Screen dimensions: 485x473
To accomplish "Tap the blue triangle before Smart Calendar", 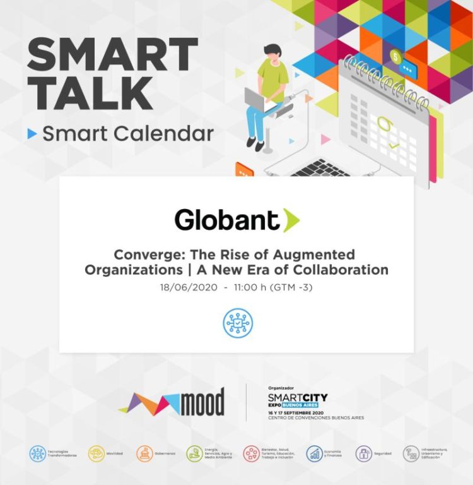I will (32, 134).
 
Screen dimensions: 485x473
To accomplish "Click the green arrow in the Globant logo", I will (291, 220).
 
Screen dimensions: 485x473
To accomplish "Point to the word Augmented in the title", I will (317, 255).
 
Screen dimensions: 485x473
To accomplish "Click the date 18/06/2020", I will (187, 287).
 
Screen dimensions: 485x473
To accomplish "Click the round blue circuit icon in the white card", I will (237, 322).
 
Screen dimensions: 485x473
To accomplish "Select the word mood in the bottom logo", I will (202, 402).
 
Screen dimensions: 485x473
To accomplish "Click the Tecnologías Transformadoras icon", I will (38, 453).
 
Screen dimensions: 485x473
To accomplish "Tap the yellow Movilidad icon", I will (96, 453).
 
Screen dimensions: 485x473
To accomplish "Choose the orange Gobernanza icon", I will (145, 453).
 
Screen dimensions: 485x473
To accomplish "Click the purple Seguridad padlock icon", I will (363, 453).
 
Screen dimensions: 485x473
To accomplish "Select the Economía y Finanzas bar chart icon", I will (315, 453).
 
